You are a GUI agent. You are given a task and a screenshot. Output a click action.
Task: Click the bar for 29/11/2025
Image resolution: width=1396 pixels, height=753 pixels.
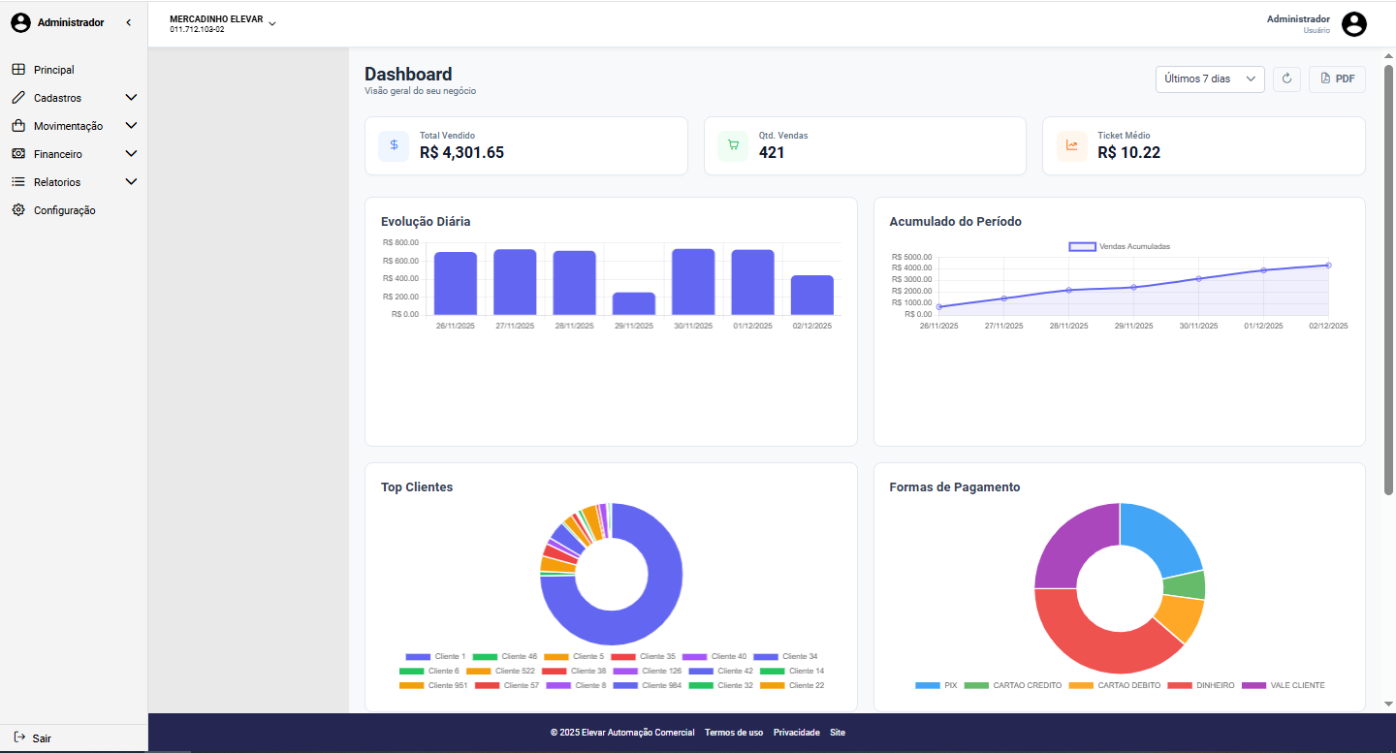pyautogui.click(x=634, y=303)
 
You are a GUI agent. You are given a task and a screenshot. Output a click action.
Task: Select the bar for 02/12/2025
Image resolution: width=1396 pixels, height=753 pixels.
pyautogui.click(x=811, y=295)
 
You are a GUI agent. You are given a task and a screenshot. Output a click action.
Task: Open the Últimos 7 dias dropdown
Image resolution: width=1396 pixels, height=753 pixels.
pyautogui.click(x=1209, y=78)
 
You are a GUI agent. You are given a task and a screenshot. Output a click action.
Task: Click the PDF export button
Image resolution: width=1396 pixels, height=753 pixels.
pyautogui.click(x=1337, y=78)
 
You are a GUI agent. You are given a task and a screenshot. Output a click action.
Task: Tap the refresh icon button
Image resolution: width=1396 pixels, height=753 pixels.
pyautogui.click(x=1286, y=78)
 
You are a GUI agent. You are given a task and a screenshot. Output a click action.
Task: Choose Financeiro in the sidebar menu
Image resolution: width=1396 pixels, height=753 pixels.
pyautogui.click(x=58, y=154)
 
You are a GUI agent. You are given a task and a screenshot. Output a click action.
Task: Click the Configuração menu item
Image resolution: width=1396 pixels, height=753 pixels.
pyautogui.click(x=64, y=210)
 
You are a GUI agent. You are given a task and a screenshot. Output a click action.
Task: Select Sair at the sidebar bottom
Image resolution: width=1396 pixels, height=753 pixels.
pyautogui.click(x=41, y=738)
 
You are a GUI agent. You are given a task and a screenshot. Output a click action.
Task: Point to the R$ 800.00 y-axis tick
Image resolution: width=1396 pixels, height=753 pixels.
pyautogui.click(x=400, y=243)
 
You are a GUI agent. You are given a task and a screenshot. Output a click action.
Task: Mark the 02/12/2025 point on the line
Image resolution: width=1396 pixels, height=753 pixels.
pyautogui.click(x=1328, y=265)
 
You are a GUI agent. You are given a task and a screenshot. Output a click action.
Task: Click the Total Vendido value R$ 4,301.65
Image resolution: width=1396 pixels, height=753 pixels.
pyautogui.click(x=461, y=152)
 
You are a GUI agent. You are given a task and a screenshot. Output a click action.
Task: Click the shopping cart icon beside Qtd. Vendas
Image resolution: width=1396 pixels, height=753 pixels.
pyautogui.click(x=733, y=145)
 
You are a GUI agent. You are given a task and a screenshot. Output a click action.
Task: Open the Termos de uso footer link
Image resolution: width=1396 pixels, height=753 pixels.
pyautogui.click(x=734, y=733)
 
